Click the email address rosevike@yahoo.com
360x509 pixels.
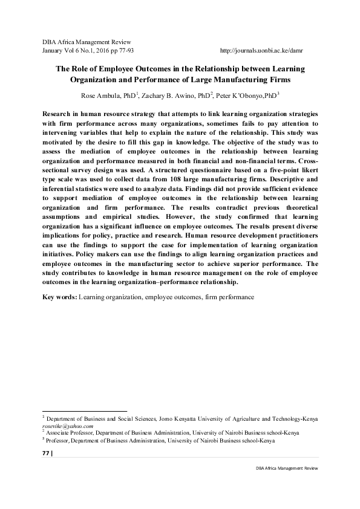[x=67, y=426]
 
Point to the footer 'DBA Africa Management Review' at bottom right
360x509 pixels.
[x=287, y=468]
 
